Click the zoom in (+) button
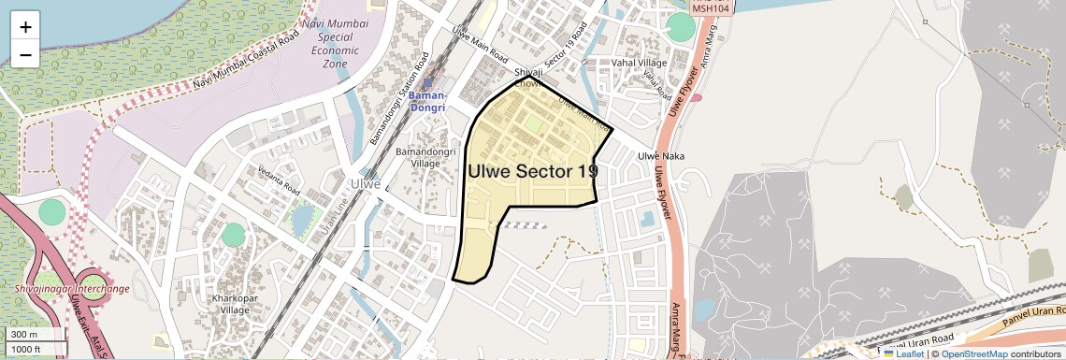(x=25, y=27)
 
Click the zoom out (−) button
(x=25, y=54)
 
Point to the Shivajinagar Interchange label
(x=72, y=288)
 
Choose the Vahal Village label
(x=641, y=63)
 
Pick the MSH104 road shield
(x=711, y=7)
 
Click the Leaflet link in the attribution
(x=903, y=353)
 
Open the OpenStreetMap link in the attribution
(x=973, y=353)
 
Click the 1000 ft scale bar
(x=34, y=349)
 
